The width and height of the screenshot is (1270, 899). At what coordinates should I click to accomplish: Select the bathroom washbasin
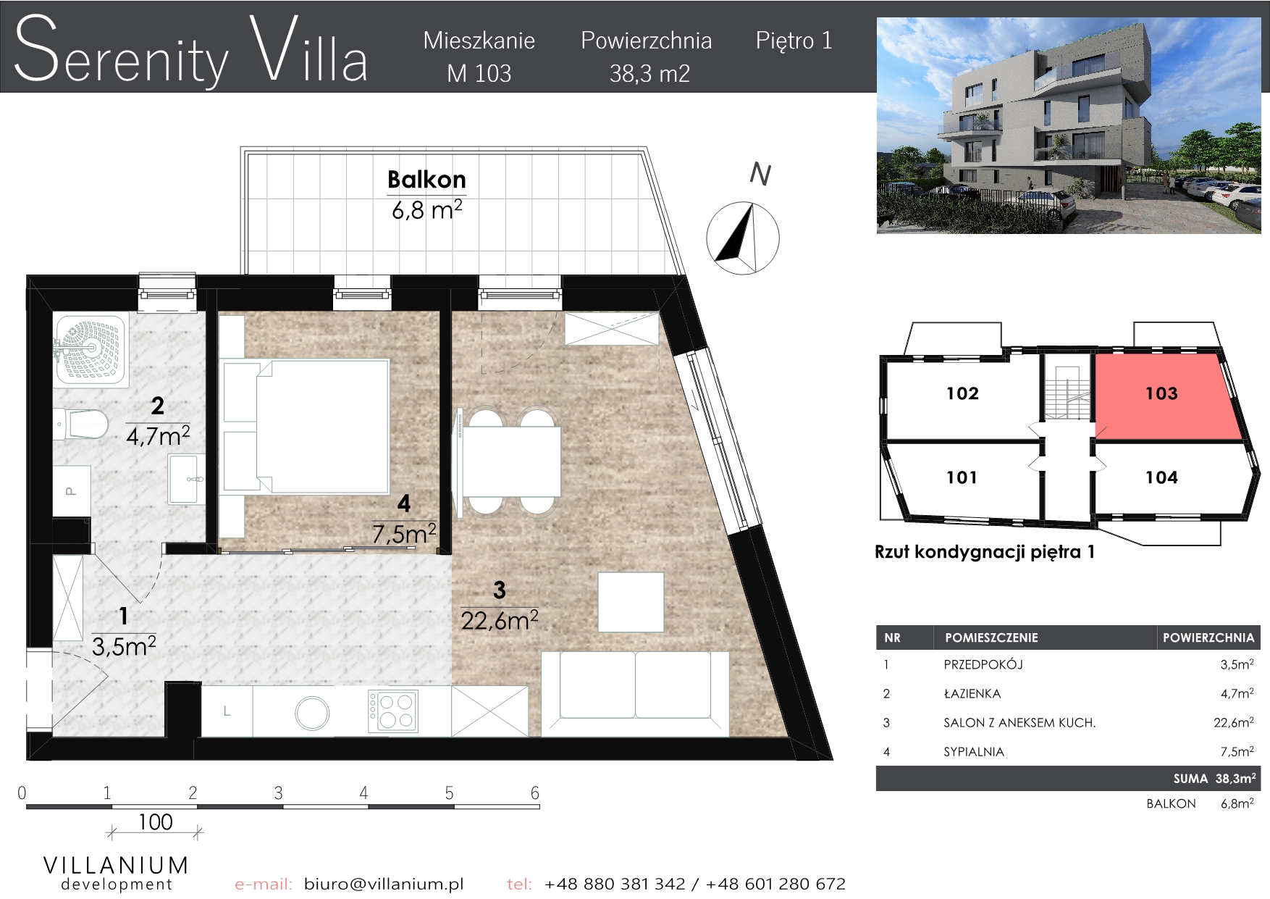(186, 478)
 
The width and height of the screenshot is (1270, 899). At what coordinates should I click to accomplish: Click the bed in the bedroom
(306, 427)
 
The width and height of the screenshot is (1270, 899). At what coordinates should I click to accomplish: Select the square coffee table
(631, 601)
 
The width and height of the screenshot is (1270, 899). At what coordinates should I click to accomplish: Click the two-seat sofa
(635, 693)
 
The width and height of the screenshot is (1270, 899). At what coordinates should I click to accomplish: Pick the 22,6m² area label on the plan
(500, 621)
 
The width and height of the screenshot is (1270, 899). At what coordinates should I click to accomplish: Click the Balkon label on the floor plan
(426, 180)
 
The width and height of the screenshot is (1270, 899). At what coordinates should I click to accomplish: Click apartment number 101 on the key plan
(962, 477)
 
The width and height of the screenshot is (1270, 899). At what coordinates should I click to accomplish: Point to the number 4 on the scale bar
(363, 793)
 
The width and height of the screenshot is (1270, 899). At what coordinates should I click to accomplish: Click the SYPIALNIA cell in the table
(974, 752)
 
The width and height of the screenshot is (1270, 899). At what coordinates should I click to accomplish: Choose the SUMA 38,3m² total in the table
(1214, 779)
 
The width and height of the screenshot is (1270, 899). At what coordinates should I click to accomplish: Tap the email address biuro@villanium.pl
(384, 884)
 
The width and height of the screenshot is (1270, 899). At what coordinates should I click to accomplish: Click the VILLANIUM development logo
(117, 872)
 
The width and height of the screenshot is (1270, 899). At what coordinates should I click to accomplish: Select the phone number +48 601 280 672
(775, 884)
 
